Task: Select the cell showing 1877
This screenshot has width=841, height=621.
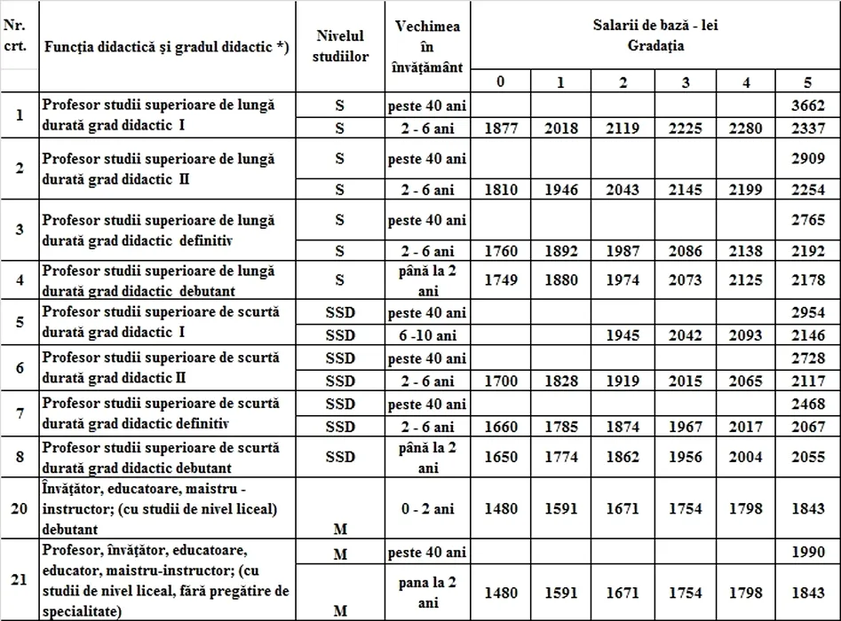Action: pos(502,129)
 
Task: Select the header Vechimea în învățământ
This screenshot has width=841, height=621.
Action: pos(427,46)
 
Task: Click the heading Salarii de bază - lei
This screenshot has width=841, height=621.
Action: pos(655,25)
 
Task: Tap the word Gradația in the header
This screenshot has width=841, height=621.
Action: pos(655,46)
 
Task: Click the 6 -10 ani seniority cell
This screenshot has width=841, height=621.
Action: pos(427,335)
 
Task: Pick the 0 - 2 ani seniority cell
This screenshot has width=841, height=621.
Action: pos(427,508)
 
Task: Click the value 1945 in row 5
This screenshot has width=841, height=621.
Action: pos(623,335)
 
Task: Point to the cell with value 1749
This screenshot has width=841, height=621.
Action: pos(502,280)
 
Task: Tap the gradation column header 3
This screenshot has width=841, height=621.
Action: pos(686,83)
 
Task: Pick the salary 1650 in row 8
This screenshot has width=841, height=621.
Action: pos(502,457)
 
